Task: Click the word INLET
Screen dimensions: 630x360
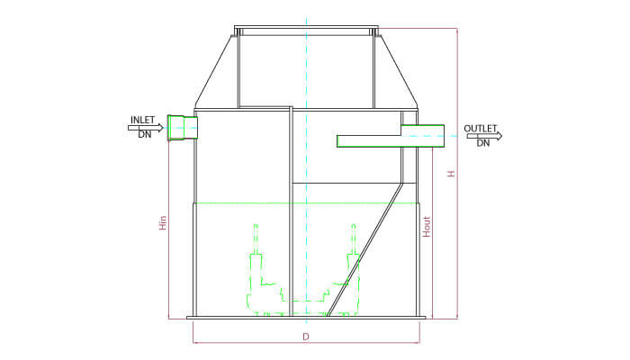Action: [x=142, y=120]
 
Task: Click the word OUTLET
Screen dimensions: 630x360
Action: [x=481, y=129]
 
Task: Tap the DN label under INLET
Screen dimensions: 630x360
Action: [x=145, y=135]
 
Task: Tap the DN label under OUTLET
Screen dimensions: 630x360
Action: [x=483, y=143]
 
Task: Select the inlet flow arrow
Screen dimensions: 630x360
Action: [x=146, y=128]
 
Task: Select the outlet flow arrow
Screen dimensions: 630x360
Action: [x=484, y=136]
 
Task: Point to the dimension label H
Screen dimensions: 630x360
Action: [x=452, y=174]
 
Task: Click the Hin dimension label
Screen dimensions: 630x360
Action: [x=163, y=223]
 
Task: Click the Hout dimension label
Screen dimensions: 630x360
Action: [x=427, y=227]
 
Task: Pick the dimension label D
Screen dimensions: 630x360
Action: [x=306, y=337]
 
